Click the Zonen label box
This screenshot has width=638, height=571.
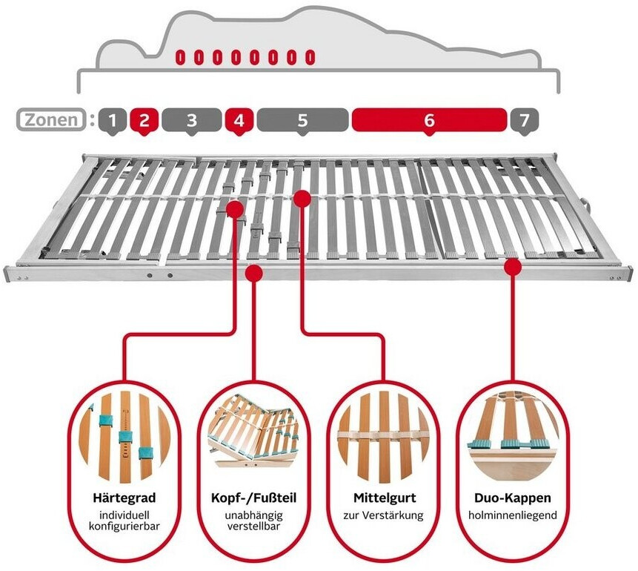tap(50, 119)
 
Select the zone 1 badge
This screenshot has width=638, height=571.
tap(112, 119)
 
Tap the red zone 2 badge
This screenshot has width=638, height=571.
tap(144, 119)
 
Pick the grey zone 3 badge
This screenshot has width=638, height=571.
tap(191, 119)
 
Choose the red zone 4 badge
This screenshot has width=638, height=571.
tap(239, 119)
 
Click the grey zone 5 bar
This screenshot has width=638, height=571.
tap(302, 119)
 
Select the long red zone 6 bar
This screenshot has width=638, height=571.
tap(429, 119)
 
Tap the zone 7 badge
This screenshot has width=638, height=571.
tap(525, 119)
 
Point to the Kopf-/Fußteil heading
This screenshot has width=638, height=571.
tap(254, 497)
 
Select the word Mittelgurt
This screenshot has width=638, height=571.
tap(383, 497)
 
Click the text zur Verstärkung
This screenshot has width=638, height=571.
tap(383, 514)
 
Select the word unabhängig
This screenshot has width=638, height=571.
tap(254, 514)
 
